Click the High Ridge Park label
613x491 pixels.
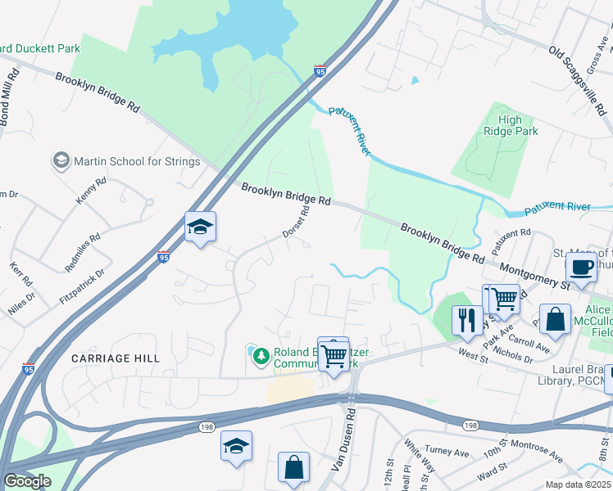(509, 125)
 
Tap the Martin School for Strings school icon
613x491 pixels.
(60, 160)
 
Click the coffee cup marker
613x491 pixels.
(580, 268)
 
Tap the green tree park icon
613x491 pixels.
(261, 355)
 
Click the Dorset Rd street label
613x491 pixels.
(297, 222)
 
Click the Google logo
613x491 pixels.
(27, 480)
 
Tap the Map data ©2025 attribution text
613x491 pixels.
(578, 484)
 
